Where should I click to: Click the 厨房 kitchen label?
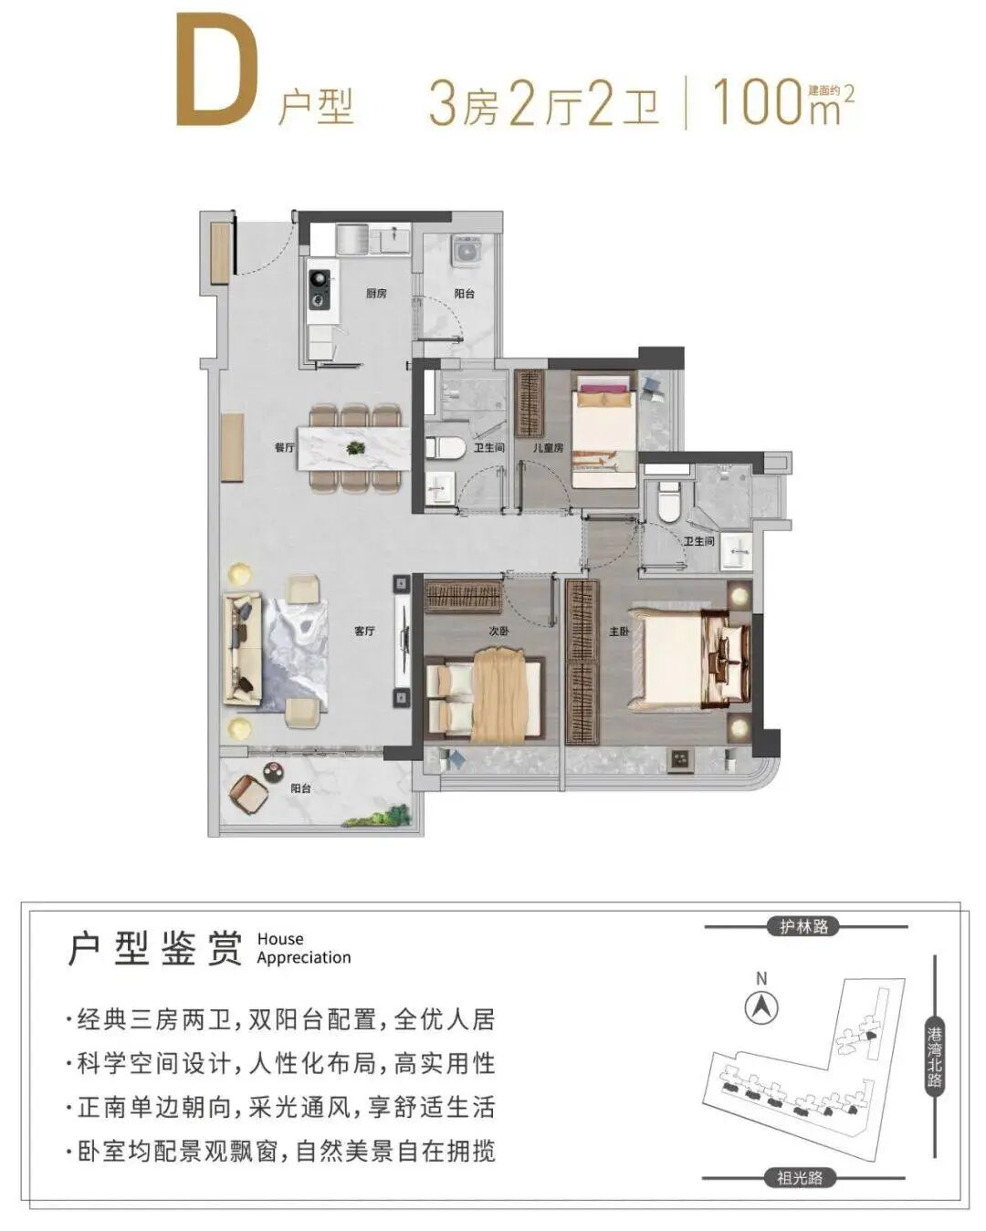point(376,294)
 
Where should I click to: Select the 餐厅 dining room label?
point(284,448)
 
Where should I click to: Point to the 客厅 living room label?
point(364,631)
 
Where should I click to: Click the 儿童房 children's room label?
point(548,448)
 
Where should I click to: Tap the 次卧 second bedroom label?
point(498,631)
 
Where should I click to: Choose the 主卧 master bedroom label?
point(619,631)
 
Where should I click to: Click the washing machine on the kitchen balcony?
point(467,250)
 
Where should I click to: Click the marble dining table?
point(351,447)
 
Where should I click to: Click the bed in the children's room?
point(603,429)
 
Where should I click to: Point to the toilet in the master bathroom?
point(669,501)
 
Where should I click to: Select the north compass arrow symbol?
point(761,1008)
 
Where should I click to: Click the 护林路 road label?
point(803,926)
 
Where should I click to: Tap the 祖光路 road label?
point(800,1178)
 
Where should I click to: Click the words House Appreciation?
point(303,948)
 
